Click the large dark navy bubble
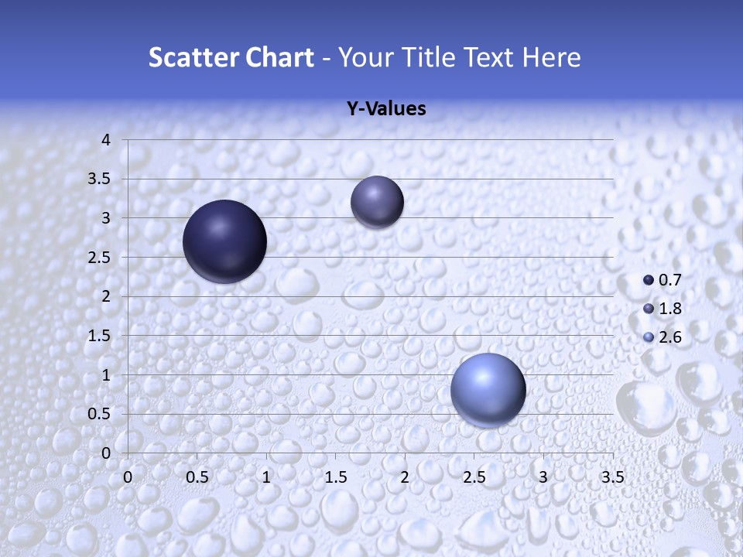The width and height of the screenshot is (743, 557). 224,241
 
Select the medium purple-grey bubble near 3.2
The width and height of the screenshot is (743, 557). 377,202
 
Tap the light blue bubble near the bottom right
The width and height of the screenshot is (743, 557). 488,390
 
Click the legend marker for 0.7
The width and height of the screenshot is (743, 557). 649,280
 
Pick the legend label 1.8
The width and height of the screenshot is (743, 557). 669,309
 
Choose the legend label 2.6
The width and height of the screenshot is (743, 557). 669,337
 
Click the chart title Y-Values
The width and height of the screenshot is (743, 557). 386,109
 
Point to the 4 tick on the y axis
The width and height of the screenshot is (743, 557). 107,140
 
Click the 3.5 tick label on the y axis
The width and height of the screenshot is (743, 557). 101,179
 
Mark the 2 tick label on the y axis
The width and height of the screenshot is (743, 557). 107,296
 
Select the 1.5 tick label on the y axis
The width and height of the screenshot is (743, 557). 101,336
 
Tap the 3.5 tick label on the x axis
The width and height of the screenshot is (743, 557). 612,477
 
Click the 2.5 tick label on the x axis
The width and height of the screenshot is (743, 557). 474,477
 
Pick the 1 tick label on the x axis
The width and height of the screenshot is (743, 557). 266,477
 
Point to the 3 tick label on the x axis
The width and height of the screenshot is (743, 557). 543,477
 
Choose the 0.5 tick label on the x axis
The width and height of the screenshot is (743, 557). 197,477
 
